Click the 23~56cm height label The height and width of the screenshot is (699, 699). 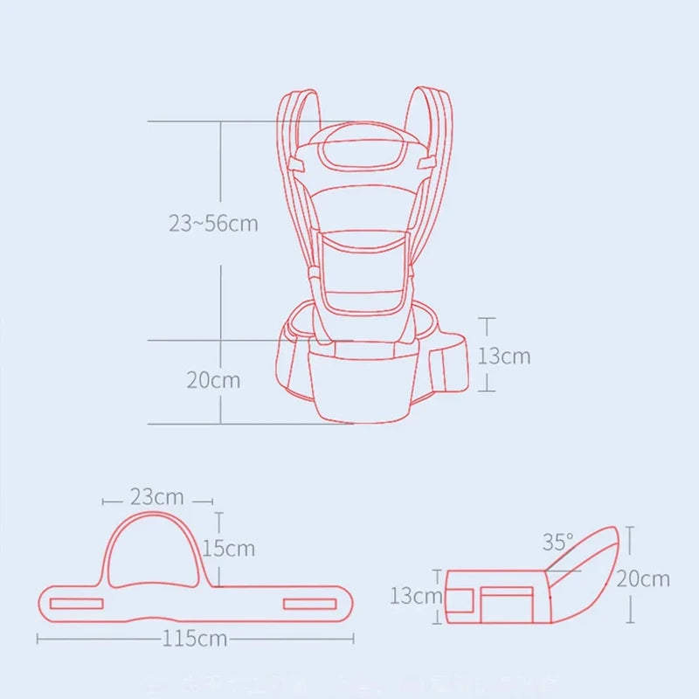click(213, 223)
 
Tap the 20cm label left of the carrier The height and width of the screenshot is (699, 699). click(212, 381)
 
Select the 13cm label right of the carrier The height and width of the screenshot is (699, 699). click(503, 356)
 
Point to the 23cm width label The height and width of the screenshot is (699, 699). click(157, 497)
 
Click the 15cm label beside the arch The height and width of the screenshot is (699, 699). click(228, 548)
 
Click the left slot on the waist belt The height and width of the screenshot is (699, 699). click(76, 603)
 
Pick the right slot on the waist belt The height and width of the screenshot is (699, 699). click(309, 603)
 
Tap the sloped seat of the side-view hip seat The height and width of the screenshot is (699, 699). click(585, 568)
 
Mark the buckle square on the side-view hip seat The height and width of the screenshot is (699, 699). click(507, 603)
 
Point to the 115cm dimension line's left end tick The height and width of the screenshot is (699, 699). click(38, 638)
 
